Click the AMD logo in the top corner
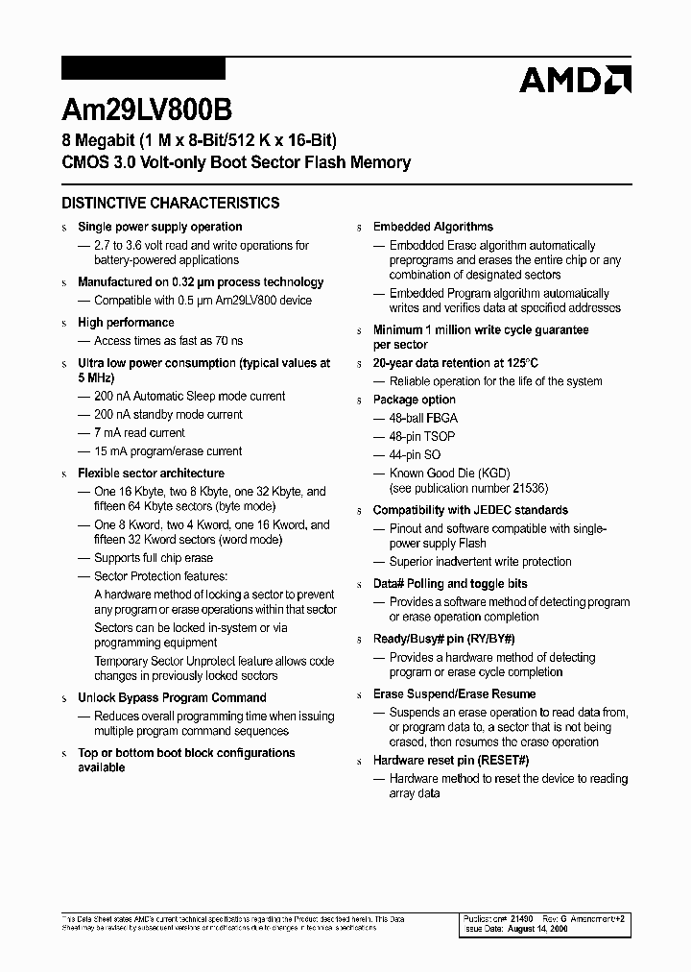pyautogui.click(x=574, y=80)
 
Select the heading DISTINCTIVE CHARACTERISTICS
pyautogui.click(x=171, y=204)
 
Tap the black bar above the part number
pyautogui.click(x=143, y=68)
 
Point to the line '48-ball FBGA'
pyautogui.click(x=423, y=418)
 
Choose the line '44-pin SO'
pyautogui.click(x=417, y=454)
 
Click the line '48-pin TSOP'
pyautogui.click(x=422, y=436)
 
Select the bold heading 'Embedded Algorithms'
pyautogui.click(x=433, y=227)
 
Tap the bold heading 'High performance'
pyautogui.click(x=126, y=323)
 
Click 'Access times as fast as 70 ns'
pyautogui.click(x=168, y=341)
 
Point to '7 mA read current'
pyautogui.click(x=139, y=433)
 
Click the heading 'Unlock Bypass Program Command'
pyautogui.click(x=172, y=698)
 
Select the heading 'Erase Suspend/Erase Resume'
pyautogui.click(x=454, y=694)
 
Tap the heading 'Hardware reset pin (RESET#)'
pyautogui.click(x=451, y=761)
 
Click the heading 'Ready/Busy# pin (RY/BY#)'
pyautogui.click(x=444, y=639)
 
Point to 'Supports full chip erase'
pyautogui.click(x=154, y=558)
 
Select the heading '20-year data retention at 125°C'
pyautogui.click(x=456, y=363)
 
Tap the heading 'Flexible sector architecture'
pyautogui.click(x=151, y=474)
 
